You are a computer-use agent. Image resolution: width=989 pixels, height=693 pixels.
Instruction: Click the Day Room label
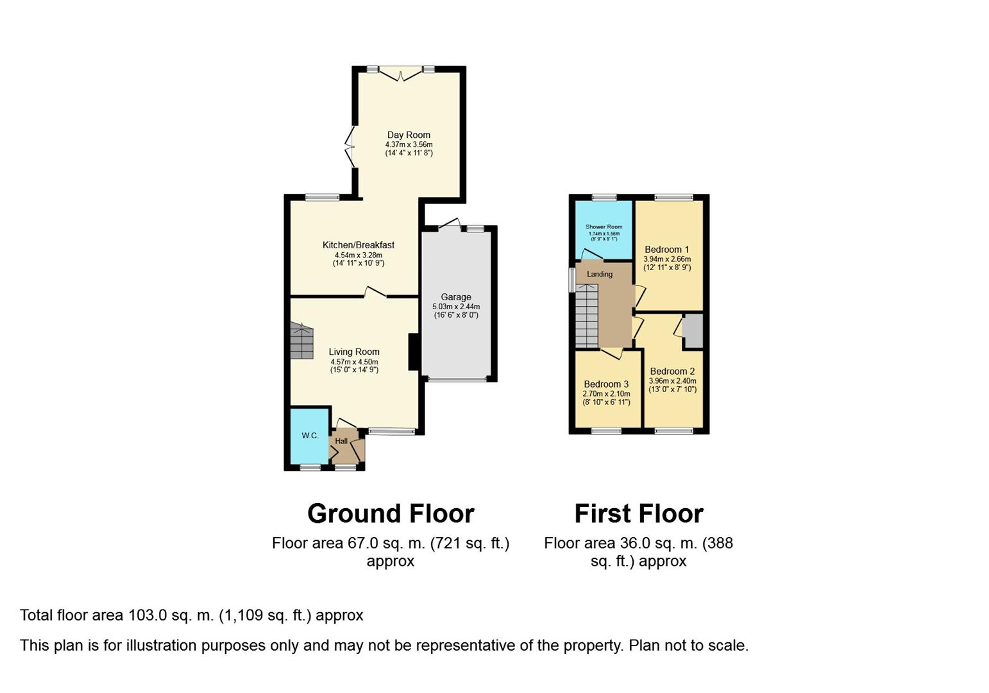[x=409, y=135]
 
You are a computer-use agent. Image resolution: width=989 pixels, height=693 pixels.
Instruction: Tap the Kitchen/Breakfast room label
[x=358, y=245]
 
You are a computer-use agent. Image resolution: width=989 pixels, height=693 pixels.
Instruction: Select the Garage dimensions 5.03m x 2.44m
[x=455, y=307]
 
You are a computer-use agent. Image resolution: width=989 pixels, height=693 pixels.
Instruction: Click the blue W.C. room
[x=310, y=436]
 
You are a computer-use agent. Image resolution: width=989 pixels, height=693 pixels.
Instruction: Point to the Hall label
[x=341, y=441]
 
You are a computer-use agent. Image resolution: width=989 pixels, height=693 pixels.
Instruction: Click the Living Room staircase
[x=301, y=341]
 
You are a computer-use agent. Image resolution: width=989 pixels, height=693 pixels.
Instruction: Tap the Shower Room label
[x=604, y=227]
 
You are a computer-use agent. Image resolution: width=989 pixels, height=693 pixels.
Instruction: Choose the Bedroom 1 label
[x=667, y=250]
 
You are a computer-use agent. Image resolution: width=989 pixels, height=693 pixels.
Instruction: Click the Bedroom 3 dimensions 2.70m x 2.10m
[x=606, y=394]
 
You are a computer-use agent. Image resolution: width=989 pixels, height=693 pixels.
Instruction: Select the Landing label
[x=600, y=274]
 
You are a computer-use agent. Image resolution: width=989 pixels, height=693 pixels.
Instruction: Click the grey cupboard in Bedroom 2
[x=692, y=330]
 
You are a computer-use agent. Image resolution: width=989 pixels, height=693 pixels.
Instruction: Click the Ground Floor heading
[x=391, y=514]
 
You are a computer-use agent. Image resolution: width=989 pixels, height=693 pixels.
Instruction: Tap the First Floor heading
[x=638, y=514]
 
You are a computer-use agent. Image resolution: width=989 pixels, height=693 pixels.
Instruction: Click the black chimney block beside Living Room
[x=414, y=352]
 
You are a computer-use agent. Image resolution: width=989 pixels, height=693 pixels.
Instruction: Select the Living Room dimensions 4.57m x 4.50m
[x=354, y=362]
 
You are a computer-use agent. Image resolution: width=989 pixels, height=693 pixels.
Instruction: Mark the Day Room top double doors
[x=401, y=74]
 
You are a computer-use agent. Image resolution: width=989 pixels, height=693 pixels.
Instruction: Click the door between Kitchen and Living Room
[x=376, y=293]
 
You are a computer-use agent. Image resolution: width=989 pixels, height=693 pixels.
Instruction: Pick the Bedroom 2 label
[x=672, y=372]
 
